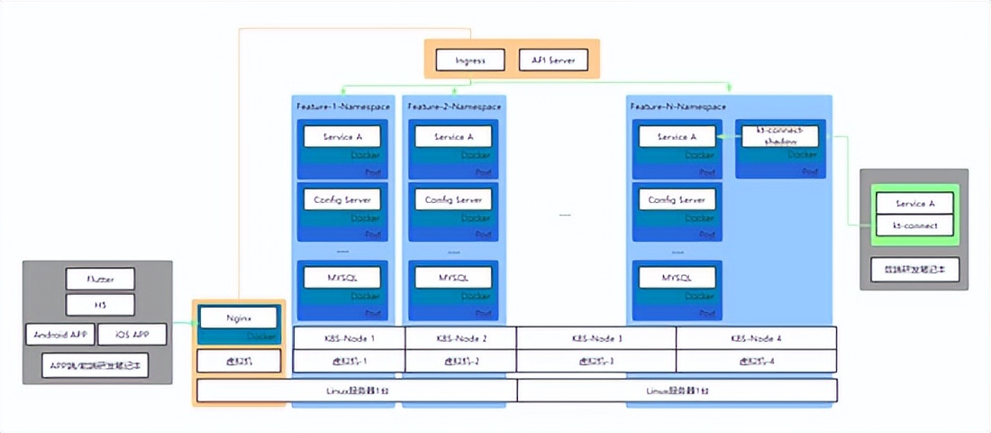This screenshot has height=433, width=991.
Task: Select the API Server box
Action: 553,60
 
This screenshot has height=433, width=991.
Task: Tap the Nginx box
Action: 239,318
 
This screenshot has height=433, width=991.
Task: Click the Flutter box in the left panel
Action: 99,279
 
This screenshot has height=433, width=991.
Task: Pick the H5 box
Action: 99,304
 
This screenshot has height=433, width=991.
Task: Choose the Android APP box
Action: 59,335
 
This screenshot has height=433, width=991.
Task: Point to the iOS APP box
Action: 132,335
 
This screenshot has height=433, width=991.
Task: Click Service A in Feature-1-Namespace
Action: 341,136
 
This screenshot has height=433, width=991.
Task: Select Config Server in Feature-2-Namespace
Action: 453,199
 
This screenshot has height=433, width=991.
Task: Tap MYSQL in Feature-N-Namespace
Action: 677,277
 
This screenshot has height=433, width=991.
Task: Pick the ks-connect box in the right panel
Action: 914,225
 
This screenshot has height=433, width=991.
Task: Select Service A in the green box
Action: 914,204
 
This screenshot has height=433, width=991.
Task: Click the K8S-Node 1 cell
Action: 349,337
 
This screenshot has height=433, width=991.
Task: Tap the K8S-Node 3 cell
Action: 596,337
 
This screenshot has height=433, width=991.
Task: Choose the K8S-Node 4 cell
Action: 756,337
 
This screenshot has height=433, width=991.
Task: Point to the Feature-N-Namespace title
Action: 674,106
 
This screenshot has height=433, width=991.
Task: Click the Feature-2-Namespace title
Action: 454,106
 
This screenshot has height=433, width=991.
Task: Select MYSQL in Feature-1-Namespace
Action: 341,277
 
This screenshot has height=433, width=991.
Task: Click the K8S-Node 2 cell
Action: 460,337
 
